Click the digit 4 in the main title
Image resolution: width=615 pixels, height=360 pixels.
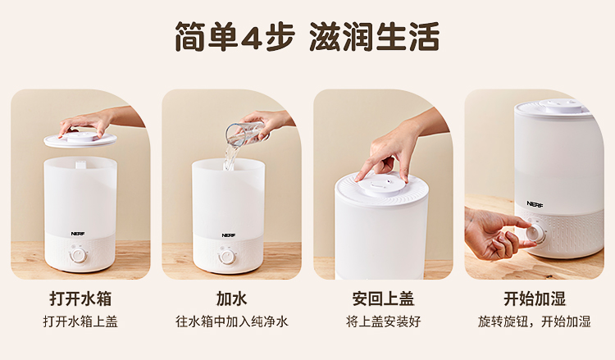click(x=252, y=36)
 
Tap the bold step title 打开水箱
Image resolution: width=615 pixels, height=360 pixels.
click(x=80, y=298)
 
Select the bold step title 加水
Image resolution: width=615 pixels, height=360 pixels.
click(x=231, y=298)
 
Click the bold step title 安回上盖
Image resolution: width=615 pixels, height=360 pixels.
click(x=383, y=298)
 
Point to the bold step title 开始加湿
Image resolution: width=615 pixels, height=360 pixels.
click(x=535, y=298)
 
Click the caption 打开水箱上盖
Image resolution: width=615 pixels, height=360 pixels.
click(x=80, y=321)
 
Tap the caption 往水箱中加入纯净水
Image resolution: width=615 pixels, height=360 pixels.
click(x=231, y=321)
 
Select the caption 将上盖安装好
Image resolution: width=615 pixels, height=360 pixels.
click(x=383, y=321)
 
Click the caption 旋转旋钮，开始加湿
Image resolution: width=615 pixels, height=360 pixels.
click(x=534, y=321)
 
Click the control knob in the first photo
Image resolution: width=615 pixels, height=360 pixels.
click(x=78, y=256)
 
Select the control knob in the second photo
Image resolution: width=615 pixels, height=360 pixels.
click(x=226, y=257)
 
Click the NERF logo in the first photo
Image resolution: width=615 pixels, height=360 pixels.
click(x=78, y=234)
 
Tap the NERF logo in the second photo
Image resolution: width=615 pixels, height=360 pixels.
click(x=228, y=235)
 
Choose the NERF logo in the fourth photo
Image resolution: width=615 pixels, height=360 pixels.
click(x=535, y=204)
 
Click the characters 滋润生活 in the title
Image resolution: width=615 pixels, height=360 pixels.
click(x=374, y=36)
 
